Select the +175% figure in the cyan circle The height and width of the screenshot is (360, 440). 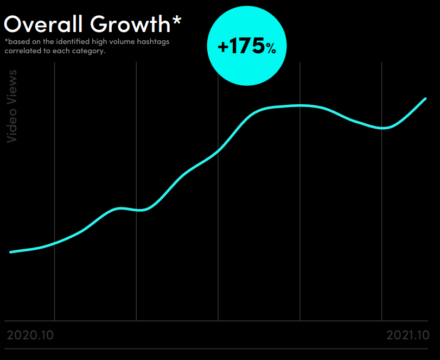click(247, 47)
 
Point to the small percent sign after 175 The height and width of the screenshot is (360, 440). click(271, 49)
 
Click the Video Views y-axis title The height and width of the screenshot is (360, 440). click(12, 106)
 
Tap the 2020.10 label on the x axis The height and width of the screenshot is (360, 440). click(30, 335)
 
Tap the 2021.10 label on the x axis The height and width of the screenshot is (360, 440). click(407, 335)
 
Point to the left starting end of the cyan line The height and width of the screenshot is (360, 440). click(11, 252)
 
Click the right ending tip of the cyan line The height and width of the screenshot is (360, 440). click(425, 99)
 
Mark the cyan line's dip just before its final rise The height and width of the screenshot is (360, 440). click(384, 128)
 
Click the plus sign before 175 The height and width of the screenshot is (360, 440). click(222, 47)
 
